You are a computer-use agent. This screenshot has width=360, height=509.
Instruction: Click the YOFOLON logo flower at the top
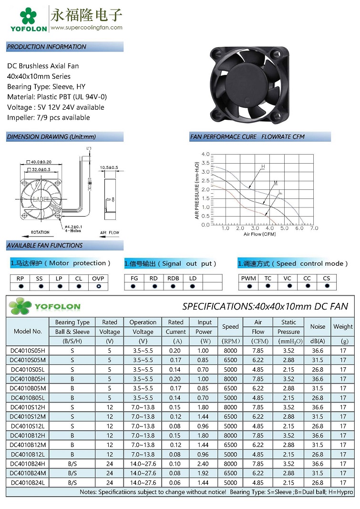(x=29, y=15)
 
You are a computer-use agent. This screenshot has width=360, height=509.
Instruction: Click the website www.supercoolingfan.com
(x=86, y=27)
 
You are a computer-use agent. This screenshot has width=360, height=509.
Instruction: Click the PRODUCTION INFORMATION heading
(x=47, y=47)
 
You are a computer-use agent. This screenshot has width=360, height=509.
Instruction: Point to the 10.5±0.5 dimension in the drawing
(x=109, y=167)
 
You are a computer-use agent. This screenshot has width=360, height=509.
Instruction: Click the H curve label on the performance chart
(x=262, y=167)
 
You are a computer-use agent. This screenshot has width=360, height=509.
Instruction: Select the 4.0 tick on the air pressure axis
(x=206, y=154)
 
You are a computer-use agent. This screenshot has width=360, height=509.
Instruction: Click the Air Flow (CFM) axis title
(x=259, y=234)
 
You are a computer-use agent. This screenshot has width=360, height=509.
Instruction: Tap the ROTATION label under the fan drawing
(x=40, y=232)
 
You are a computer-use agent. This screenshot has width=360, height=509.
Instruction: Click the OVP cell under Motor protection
(x=98, y=278)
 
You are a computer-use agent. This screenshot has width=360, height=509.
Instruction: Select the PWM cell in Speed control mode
(x=248, y=278)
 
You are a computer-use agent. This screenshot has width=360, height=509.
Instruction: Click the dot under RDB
(x=173, y=286)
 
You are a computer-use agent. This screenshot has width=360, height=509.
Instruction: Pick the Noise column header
(x=318, y=327)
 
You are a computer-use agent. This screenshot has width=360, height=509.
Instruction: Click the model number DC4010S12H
(x=28, y=407)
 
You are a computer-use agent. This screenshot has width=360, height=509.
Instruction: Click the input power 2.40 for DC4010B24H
(x=204, y=464)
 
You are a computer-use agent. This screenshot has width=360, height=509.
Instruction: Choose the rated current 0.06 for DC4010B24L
(x=175, y=482)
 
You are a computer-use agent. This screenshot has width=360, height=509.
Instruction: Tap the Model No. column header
(x=28, y=331)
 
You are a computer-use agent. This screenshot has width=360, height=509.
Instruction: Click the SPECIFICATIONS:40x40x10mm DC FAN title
(x=265, y=306)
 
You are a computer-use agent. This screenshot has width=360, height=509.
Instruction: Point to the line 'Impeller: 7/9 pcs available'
(x=48, y=117)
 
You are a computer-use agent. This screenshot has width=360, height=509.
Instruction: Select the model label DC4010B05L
(x=28, y=397)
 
